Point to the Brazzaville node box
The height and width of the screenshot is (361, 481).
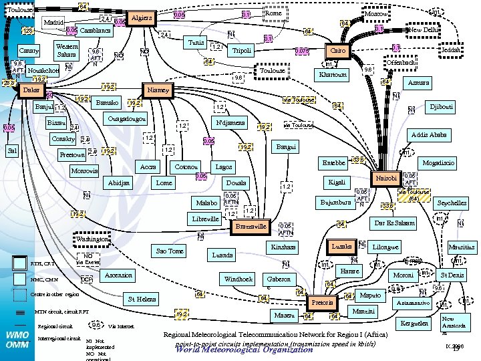tap(251, 227)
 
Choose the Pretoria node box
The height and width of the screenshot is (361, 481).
tap(323, 303)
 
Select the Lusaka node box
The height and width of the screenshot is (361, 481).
tap(342, 247)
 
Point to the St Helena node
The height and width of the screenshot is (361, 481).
tap(142, 299)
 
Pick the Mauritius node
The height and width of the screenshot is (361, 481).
tap(460, 247)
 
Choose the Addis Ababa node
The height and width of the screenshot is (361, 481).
tap(429, 134)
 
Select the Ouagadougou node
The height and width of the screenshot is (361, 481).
tap(127, 119)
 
